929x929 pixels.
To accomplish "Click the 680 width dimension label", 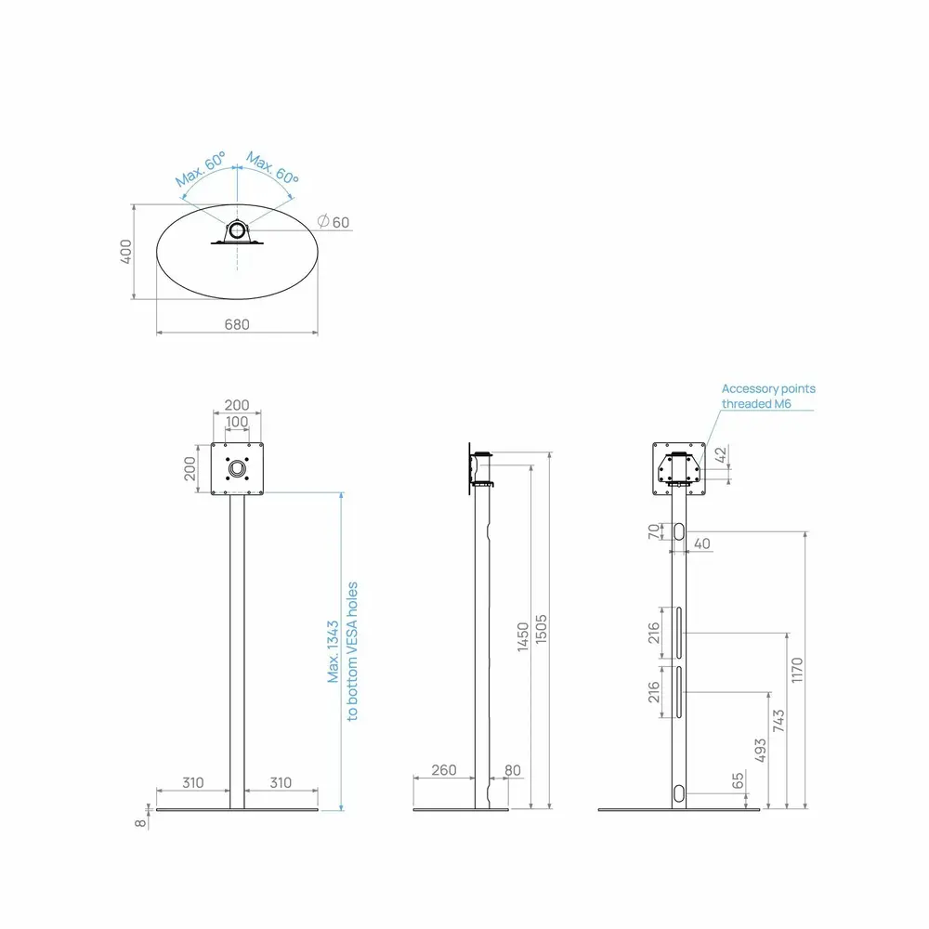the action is pyautogui.click(x=236, y=324).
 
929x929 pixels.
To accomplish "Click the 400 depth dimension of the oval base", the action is pyautogui.click(x=125, y=251).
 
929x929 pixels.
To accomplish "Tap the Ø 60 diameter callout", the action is pyautogui.click(x=334, y=222).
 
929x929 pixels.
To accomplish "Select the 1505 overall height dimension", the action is pyautogui.click(x=541, y=629).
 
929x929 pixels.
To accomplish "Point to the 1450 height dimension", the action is pyautogui.click(x=522, y=636).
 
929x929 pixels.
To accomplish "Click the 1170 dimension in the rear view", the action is pyautogui.click(x=797, y=670).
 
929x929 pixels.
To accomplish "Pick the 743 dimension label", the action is pyautogui.click(x=779, y=720).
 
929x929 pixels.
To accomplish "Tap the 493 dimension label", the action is pyautogui.click(x=760, y=750).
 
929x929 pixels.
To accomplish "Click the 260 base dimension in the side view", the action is pyautogui.click(x=444, y=769).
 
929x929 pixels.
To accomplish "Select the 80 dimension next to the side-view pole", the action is pyautogui.click(x=513, y=769).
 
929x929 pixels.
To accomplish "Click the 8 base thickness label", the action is pyautogui.click(x=140, y=823).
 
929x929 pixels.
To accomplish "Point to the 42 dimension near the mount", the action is pyautogui.click(x=720, y=455).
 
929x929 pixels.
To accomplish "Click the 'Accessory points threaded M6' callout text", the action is pyautogui.click(x=768, y=396).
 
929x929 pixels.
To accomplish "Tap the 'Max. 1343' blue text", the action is pyautogui.click(x=333, y=651).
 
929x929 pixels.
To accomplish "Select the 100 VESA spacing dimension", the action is pyautogui.click(x=236, y=421).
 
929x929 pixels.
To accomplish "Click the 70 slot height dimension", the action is pyautogui.click(x=653, y=531).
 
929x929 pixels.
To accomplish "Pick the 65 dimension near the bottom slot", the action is pyautogui.click(x=738, y=781).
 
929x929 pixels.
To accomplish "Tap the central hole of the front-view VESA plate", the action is pyautogui.click(x=237, y=469).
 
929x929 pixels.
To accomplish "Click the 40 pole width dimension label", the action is pyautogui.click(x=702, y=543).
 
